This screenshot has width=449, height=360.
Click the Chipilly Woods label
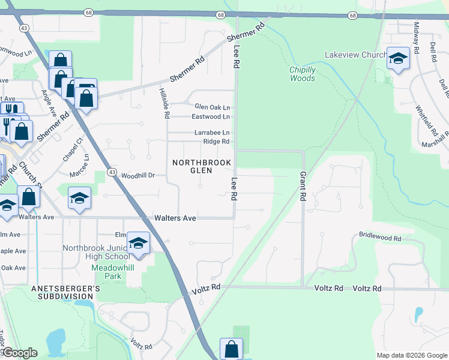click(303, 74)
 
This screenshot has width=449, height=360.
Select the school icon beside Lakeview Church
click(397, 59)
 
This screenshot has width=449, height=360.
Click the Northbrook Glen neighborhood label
click(193, 167)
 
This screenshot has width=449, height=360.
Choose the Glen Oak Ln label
click(212, 106)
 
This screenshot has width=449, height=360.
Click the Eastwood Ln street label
click(211, 116)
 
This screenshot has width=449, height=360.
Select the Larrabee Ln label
click(211, 132)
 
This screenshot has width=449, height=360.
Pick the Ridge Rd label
click(216, 142)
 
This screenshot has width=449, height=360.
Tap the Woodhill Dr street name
click(138, 176)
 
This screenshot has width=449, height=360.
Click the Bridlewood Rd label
click(379, 238)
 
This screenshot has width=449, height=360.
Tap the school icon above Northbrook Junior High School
click(139, 243)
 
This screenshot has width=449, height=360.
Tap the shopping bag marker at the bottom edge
click(231, 349)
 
